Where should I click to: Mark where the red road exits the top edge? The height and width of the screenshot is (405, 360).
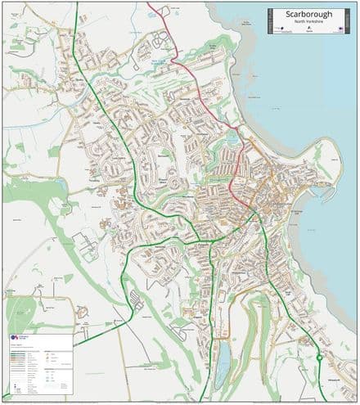point(148,3)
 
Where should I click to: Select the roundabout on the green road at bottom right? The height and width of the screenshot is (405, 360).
point(319,358)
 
